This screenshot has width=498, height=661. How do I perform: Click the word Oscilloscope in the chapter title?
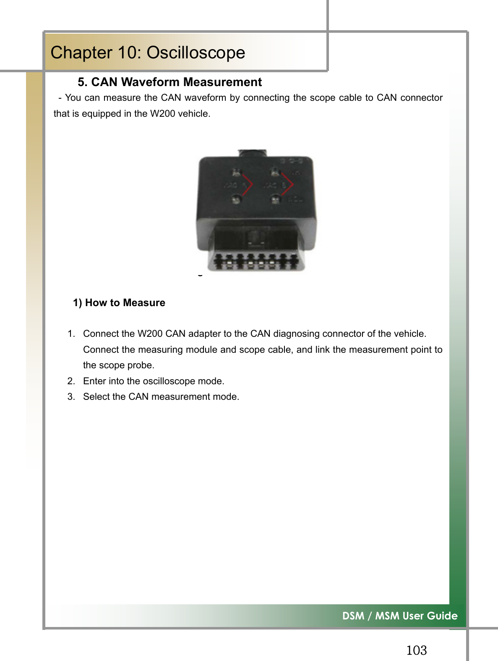(196, 53)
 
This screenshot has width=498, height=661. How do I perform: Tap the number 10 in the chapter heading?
(126, 53)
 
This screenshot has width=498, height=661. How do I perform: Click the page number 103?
(416, 651)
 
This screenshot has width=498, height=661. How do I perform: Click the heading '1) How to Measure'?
(119, 303)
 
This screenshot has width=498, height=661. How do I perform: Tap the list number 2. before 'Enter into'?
(71, 381)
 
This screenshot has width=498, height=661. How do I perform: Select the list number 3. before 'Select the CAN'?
(71, 397)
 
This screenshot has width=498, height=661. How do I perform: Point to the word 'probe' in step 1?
(141, 365)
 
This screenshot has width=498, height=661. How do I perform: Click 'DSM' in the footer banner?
(353, 616)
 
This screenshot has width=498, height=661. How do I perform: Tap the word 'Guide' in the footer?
(443, 616)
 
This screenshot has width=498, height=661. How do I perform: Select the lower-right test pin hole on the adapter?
(275, 199)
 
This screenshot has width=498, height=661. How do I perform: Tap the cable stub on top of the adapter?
(252, 153)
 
